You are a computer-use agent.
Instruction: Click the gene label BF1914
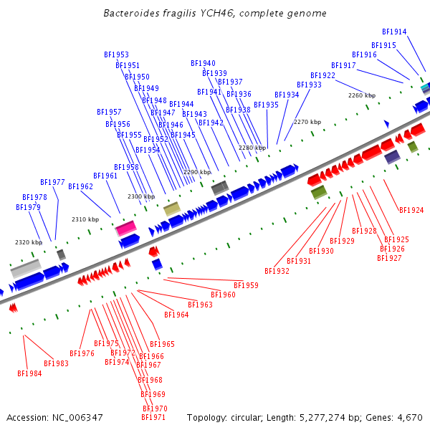[x=394, y=32]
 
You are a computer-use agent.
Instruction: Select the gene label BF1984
[x=29, y=373]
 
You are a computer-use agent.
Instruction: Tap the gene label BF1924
[x=411, y=210]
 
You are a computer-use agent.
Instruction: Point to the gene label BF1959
[x=246, y=285]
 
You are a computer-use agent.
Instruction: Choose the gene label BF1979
[x=28, y=207]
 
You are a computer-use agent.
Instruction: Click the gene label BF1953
[x=116, y=54]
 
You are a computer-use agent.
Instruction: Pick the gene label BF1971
[x=153, y=417]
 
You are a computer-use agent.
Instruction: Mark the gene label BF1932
[x=277, y=271]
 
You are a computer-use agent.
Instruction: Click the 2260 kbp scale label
[x=362, y=95]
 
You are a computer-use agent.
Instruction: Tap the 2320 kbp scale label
[x=29, y=242]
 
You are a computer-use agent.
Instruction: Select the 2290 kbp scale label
[x=197, y=172]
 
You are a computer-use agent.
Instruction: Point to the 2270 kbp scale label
[x=307, y=122]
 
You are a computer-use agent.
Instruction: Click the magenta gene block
[x=126, y=228]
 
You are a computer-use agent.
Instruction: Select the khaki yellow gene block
[x=172, y=209]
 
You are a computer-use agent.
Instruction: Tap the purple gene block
[x=392, y=156]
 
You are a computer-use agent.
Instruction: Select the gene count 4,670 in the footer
[x=409, y=417]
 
